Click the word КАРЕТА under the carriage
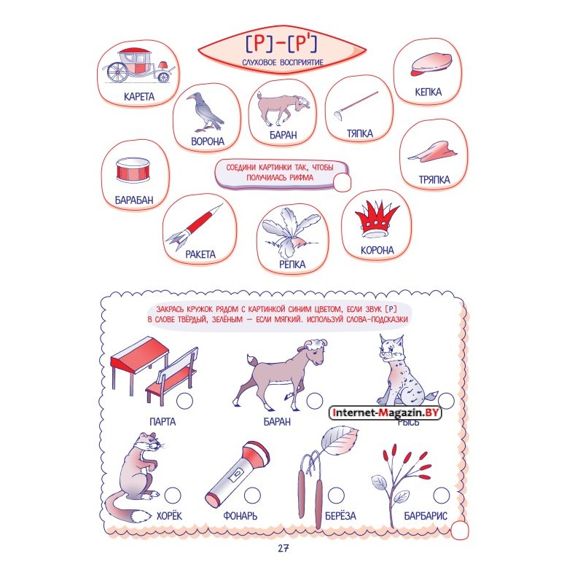(x=139, y=97)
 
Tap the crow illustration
(x=205, y=112)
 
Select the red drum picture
(x=133, y=170)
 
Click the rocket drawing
(x=194, y=227)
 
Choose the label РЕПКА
(x=292, y=265)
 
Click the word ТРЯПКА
(x=434, y=180)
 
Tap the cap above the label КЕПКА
(x=431, y=64)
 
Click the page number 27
(x=283, y=548)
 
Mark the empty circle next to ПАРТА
(x=184, y=401)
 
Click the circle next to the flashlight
(x=252, y=496)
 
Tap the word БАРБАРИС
(x=426, y=516)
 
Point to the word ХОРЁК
(x=170, y=516)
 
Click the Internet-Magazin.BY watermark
(x=386, y=412)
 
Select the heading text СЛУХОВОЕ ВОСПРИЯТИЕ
(x=283, y=63)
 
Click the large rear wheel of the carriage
(x=117, y=71)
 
